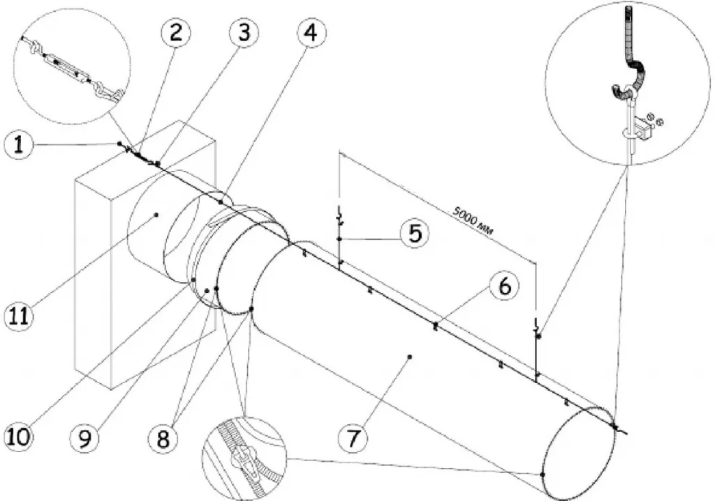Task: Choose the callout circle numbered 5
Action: click(414, 233)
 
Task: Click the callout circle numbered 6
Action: click(503, 285)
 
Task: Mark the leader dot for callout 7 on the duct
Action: click(410, 357)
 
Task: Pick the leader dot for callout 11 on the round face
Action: click(156, 215)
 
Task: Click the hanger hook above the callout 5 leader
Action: click(339, 214)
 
